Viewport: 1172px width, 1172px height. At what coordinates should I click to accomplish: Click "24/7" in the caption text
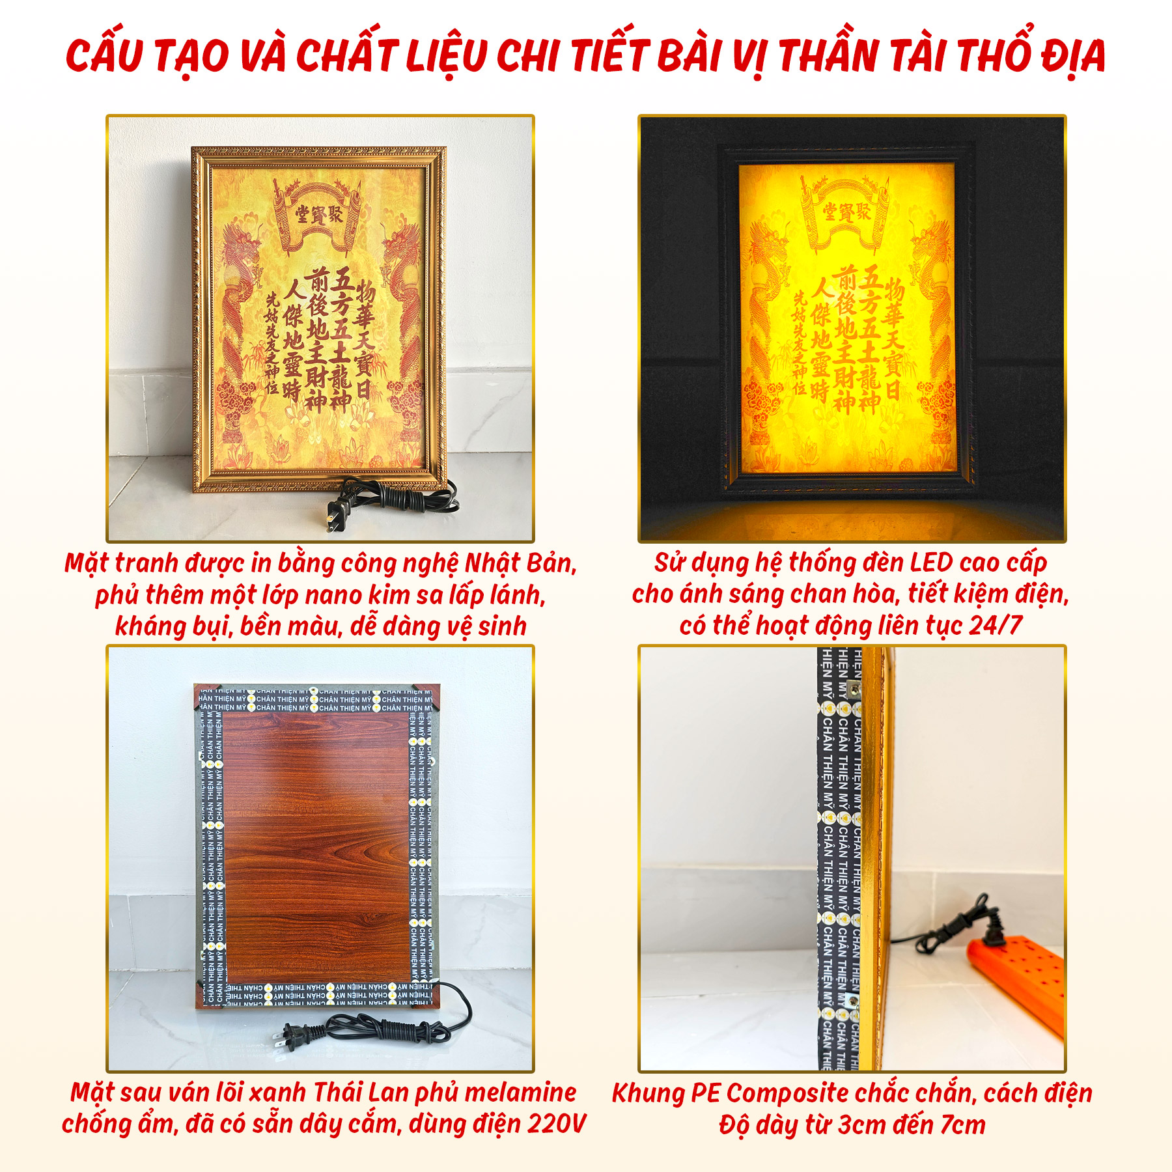(x=996, y=625)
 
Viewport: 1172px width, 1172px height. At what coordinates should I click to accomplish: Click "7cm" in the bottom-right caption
(x=961, y=1124)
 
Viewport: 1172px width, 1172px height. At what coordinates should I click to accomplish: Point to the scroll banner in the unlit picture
(x=319, y=215)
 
